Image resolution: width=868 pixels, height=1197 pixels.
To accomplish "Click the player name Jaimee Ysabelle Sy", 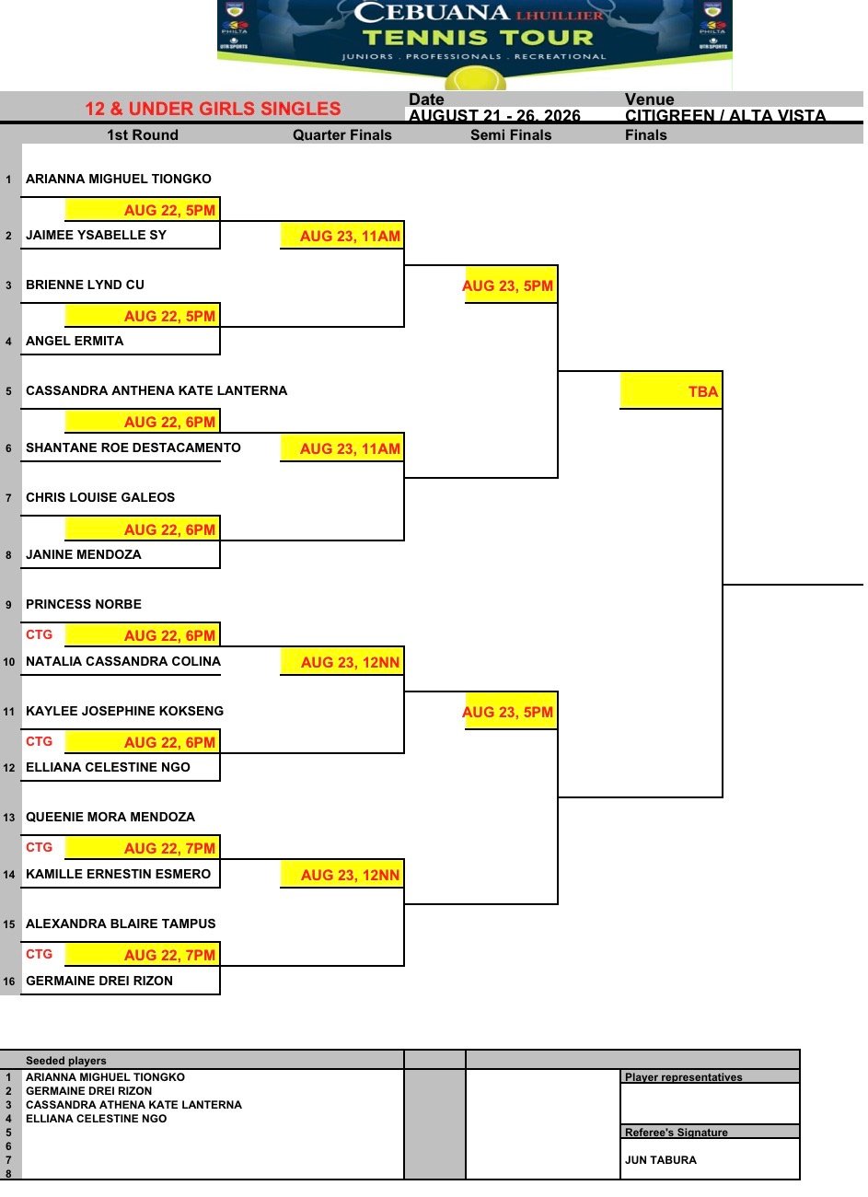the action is coord(96,235).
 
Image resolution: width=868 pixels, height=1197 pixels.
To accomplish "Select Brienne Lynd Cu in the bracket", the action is coord(85,285).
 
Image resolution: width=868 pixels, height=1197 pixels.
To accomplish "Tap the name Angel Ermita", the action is coord(75,341).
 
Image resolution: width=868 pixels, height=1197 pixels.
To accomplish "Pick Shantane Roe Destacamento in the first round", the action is coord(133,447).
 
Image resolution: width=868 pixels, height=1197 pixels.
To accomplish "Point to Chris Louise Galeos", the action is coord(100,497).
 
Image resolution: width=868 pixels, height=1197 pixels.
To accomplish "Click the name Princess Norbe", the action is coord(84,604).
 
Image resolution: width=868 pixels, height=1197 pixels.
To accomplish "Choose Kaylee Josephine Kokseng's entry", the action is coord(124,711).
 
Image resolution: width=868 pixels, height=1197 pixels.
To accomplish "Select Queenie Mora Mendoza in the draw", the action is coord(110,817).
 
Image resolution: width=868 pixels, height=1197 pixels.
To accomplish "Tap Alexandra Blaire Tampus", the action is coord(121,924).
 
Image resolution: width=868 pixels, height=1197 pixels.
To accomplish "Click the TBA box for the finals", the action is coord(671,391).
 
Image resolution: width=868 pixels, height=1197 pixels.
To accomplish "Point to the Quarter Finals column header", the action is coord(342,135).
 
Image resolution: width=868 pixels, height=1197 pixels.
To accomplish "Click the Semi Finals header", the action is coord(511,135).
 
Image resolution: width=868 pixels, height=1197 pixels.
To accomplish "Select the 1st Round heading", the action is coord(143,135).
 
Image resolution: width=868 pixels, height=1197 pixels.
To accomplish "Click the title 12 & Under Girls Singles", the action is coord(213,109).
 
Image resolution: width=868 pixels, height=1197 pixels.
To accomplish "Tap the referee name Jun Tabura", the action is coord(660,1160).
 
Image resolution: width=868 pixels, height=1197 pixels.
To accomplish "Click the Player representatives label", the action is coord(683,1077).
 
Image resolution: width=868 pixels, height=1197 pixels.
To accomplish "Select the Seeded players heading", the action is coord(65,1061).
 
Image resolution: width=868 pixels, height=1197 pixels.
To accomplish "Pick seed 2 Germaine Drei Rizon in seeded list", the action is coord(88,1091).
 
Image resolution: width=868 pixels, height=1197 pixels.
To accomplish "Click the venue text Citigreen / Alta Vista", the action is coord(724,115).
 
